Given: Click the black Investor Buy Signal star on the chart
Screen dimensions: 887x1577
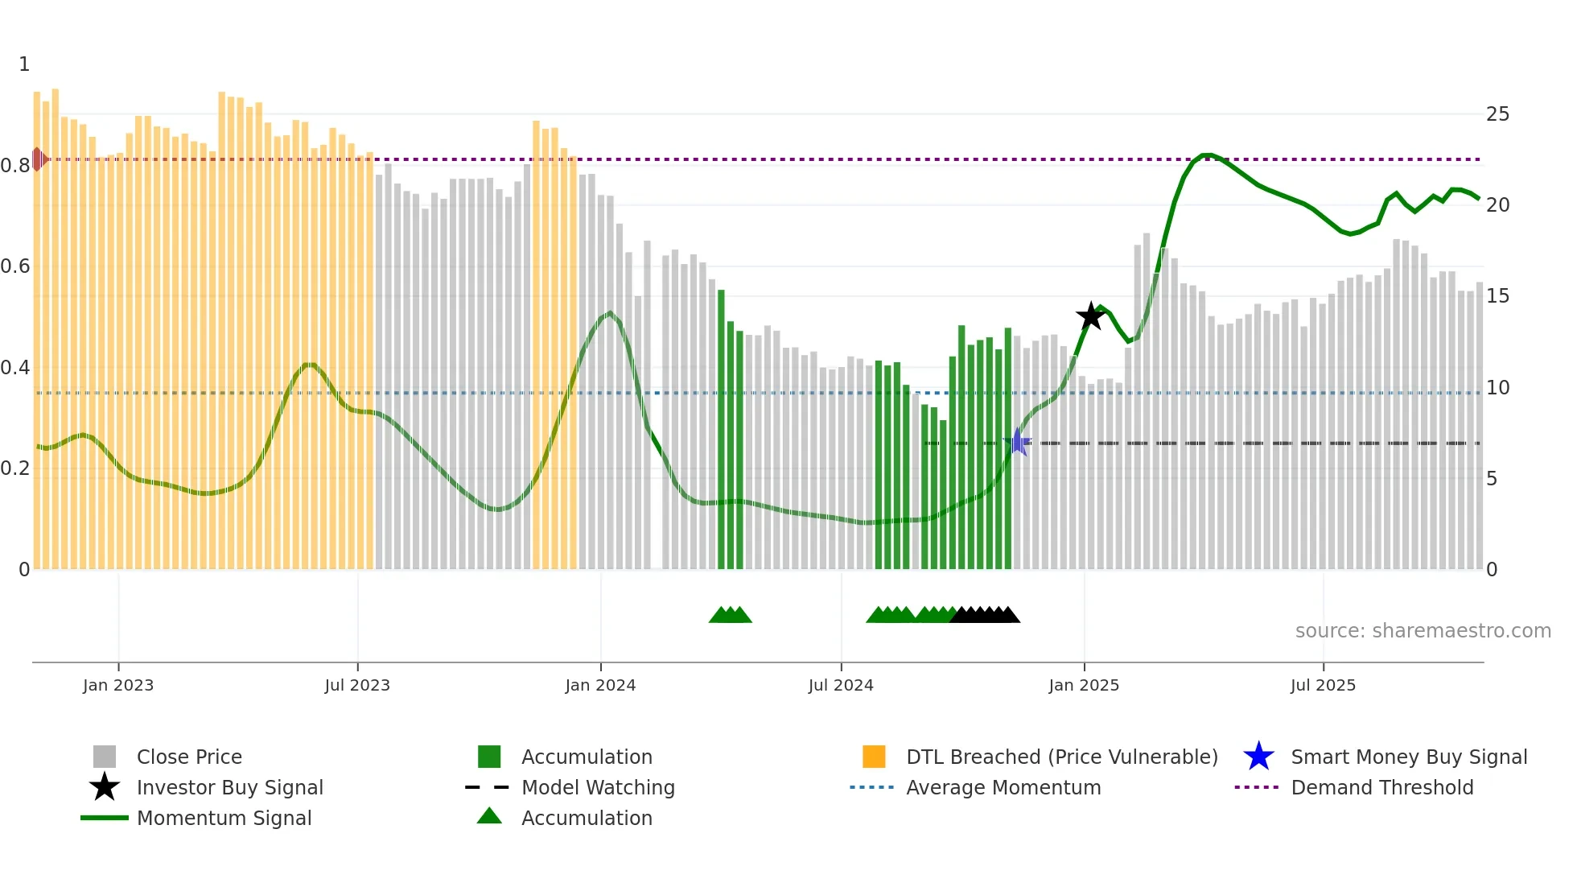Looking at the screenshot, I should (x=1090, y=316).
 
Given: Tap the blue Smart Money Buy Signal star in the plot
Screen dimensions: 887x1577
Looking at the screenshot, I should (x=1018, y=442).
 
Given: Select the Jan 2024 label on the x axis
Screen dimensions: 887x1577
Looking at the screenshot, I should (x=600, y=685).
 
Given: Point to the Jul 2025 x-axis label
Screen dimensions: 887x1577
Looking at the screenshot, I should (x=1323, y=685).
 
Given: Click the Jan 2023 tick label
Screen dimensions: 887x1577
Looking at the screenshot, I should (x=118, y=685).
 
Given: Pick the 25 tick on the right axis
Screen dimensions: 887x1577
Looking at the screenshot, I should (x=1497, y=114).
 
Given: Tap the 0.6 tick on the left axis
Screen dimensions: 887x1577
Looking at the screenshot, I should (x=16, y=266).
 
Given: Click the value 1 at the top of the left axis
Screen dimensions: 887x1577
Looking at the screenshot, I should (x=24, y=64).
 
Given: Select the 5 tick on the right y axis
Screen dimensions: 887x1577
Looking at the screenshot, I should (x=1492, y=479).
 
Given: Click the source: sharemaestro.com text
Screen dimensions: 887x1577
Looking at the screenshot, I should (x=1423, y=631).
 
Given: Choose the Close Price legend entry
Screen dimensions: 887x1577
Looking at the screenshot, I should (x=189, y=757).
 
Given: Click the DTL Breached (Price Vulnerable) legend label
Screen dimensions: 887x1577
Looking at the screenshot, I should (x=1061, y=757).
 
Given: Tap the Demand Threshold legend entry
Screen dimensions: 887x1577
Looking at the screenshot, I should (x=1381, y=787).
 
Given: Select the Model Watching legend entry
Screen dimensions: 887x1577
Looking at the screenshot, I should (x=598, y=787).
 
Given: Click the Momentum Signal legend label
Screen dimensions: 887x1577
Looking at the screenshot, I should (x=224, y=818).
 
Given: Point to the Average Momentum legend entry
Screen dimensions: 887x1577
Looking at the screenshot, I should (x=1003, y=787).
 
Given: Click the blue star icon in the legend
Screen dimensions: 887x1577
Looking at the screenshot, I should (x=1258, y=757).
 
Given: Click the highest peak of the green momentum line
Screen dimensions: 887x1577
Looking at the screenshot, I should (x=1205, y=155).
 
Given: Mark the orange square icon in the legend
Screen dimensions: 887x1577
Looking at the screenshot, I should (x=874, y=757).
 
